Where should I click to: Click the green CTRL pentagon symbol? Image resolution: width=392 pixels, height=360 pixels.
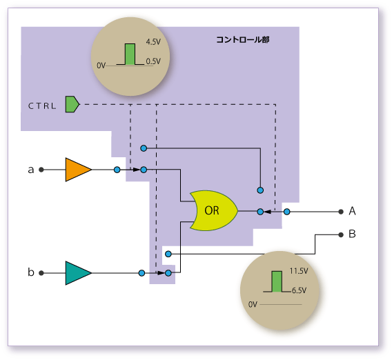(72, 104)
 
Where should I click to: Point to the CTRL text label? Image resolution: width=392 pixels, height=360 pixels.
(42, 106)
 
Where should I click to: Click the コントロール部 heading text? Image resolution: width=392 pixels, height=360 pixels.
(243, 40)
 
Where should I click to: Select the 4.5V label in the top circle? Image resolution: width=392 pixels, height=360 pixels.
(153, 41)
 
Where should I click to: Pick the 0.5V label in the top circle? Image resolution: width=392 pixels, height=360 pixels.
(153, 61)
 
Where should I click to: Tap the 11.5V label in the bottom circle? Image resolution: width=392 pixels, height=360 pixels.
(299, 271)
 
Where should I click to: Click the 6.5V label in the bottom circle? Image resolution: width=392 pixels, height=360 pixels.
(299, 290)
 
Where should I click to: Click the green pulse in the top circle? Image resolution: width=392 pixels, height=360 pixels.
(130, 54)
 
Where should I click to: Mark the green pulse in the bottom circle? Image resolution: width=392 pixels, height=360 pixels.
(277, 281)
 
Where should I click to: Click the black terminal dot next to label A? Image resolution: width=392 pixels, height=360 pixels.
(341, 212)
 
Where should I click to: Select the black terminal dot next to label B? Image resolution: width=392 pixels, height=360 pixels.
(341, 235)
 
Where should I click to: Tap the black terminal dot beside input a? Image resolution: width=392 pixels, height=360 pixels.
(41, 170)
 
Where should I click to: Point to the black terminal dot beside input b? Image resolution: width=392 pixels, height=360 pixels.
(41, 273)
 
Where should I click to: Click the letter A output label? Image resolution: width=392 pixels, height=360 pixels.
(352, 211)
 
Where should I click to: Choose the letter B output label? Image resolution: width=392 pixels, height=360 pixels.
(352, 234)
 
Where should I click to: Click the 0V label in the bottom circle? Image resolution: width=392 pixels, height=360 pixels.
(253, 304)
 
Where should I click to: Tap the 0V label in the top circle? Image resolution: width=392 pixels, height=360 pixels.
(101, 66)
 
